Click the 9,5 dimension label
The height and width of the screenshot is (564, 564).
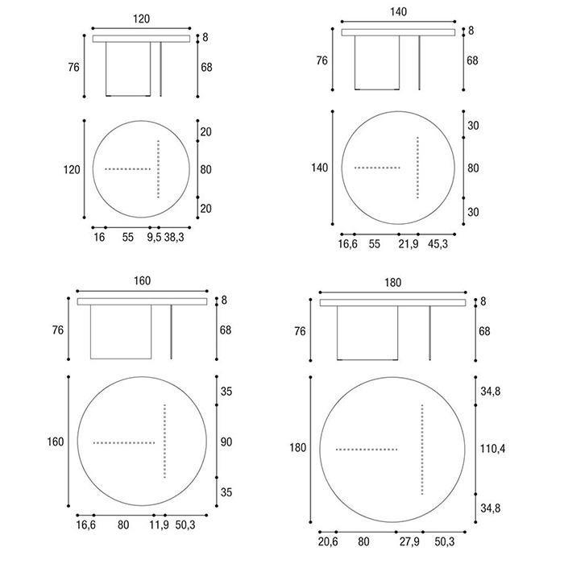[x=154, y=238]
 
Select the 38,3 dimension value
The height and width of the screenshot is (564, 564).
[x=174, y=238]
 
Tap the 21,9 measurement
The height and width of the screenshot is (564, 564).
[x=408, y=244]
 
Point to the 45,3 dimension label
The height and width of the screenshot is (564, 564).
[x=438, y=244]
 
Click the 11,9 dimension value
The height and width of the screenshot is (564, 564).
[x=159, y=525]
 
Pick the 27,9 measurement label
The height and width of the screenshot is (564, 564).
[x=409, y=541]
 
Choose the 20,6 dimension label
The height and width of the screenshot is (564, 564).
[x=328, y=541]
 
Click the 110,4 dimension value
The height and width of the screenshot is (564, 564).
[x=493, y=449]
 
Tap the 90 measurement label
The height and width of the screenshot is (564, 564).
[x=226, y=442]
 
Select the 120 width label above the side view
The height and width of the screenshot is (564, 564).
[x=141, y=19]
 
